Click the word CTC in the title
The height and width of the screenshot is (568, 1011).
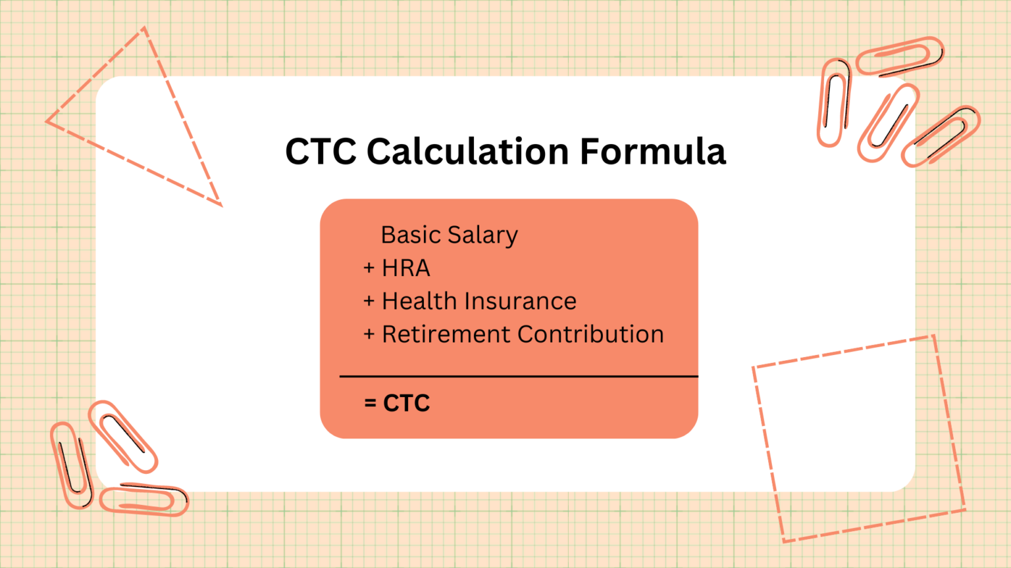(x=321, y=152)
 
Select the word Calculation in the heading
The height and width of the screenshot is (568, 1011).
(x=467, y=152)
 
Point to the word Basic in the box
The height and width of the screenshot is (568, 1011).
(x=411, y=235)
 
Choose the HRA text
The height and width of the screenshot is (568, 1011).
(x=406, y=268)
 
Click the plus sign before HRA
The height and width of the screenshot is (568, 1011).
(x=369, y=268)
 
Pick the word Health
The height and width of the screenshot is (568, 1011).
(x=419, y=301)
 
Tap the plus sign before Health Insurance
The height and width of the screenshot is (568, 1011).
(x=369, y=301)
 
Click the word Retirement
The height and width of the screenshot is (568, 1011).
(x=446, y=335)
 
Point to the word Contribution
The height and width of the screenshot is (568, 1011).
(x=590, y=335)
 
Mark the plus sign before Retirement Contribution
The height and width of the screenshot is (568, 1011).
(x=369, y=335)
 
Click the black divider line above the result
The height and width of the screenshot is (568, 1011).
(x=518, y=377)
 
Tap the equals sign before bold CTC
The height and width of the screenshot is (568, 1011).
(x=371, y=403)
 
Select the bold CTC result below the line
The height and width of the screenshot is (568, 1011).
(x=407, y=403)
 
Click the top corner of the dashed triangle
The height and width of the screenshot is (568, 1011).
(x=145, y=28)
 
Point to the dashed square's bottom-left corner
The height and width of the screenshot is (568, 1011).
(x=784, y=541)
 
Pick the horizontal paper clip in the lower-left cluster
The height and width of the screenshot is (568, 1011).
(x=144, y=500)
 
